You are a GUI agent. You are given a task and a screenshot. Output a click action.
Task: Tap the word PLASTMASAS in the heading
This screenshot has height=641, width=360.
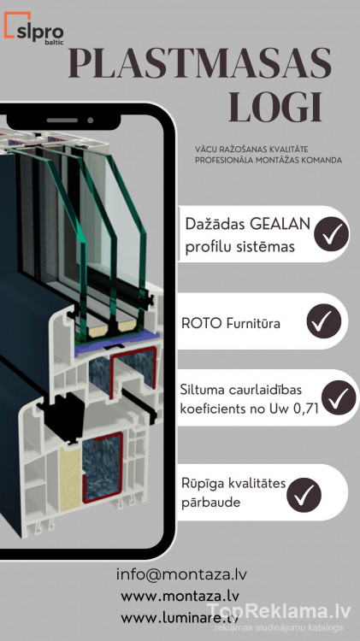point(199,64)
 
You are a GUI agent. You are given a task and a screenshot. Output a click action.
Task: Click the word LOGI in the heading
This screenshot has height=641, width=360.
point(275,108)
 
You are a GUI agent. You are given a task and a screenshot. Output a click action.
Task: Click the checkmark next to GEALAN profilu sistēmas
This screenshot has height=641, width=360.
point(332,234)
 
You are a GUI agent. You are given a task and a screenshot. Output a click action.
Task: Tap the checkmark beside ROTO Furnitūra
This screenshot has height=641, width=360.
point(324,320)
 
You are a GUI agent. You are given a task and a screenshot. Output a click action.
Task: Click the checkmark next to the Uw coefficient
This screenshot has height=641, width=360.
point(339,397)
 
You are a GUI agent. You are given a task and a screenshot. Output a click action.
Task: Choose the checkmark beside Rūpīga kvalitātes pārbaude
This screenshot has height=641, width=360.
point(304,495)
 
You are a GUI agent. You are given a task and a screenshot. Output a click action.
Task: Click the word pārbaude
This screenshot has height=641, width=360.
point(211,503)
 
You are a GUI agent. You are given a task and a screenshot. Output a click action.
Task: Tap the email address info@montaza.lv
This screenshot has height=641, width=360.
point(181,574)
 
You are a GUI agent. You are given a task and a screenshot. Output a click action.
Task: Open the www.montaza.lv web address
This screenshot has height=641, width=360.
point(180,596)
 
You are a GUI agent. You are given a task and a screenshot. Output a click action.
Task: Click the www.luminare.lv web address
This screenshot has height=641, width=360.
point(180,617)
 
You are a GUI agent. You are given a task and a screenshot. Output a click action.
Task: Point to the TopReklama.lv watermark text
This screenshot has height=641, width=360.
point(279,612)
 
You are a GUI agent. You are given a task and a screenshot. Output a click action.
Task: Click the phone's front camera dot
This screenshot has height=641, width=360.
point(91,121)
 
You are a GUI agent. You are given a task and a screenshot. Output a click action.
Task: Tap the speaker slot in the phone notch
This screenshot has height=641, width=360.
point(62,121)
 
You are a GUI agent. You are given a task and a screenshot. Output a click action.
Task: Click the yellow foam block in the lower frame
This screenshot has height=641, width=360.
point(70,479)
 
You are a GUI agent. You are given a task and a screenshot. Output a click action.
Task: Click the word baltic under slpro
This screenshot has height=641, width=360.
point(54,42)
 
